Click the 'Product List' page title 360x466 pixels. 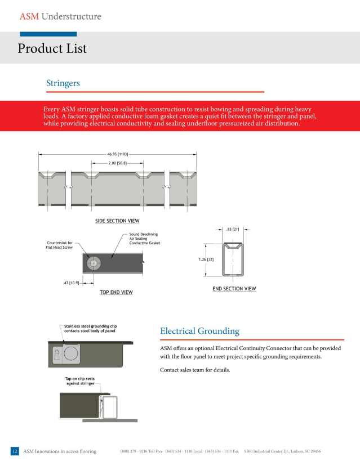coord(52,48)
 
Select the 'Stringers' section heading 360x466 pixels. coord(63,83)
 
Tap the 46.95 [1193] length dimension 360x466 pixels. coord(117,154)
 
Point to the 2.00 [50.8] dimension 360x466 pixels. coord(117,163)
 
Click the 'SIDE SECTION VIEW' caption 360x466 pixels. coord(117,221)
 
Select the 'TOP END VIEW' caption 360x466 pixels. coord(116,292)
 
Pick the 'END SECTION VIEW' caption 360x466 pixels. coord(234,289)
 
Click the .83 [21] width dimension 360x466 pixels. coord(232,229)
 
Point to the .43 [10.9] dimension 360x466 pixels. coord(70,283)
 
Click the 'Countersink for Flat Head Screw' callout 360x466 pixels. coord(59,245)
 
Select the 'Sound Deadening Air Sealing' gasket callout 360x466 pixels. coord(145,239)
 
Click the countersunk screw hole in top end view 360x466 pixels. coord(93,262)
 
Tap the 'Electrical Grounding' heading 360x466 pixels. coord(199,331)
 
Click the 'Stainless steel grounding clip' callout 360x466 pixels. coord(90,328)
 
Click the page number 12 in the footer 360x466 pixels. coord(15,451)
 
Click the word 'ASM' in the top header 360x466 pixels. coord(29,16)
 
